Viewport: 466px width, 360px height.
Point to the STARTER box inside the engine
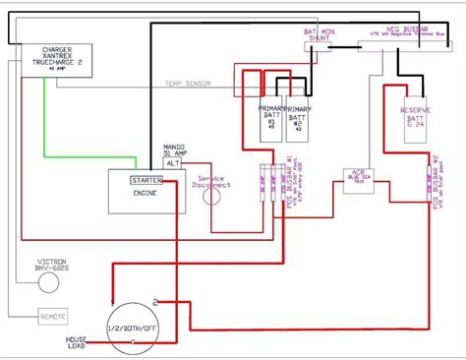[148, 180]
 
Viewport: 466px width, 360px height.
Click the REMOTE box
[53, 317]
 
